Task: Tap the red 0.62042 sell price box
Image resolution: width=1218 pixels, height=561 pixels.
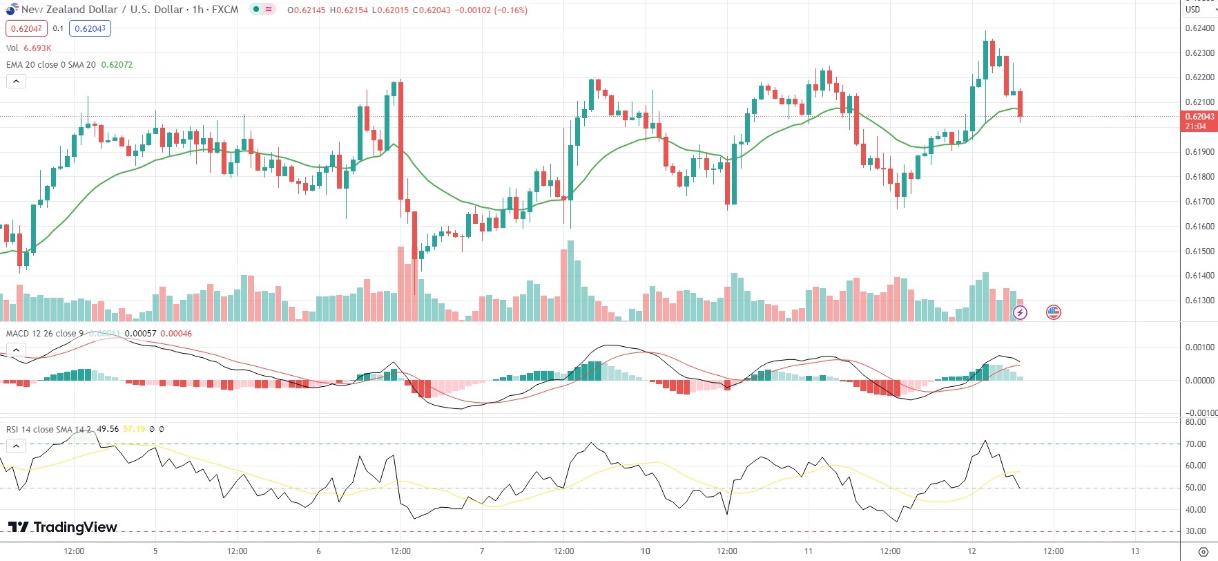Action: click(x=26, y=28)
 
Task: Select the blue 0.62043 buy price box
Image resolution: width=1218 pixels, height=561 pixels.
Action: click(x=90, y=28)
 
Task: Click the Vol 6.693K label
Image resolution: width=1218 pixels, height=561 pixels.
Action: click(x=28, y=48)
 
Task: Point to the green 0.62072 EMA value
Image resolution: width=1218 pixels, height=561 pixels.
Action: click(x=117, y=65)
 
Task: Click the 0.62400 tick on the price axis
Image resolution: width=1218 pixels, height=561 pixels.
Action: click(x=1199, y=28)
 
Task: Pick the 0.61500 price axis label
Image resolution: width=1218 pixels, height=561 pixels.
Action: click(x=1199, y=251)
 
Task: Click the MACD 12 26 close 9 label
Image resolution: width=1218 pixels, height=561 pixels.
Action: click(x=44, y=334)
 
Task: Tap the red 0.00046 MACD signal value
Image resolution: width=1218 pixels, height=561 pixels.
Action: click(x=176, y=334)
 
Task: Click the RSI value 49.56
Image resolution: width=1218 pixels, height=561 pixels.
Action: click(x=108, y=429)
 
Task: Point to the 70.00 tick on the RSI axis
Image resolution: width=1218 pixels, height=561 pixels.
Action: click(x=1196, y=444)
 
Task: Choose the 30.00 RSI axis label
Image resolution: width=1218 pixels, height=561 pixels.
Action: click(x=1196, y=532)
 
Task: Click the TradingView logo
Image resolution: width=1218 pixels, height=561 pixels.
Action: click(x=63, y=527)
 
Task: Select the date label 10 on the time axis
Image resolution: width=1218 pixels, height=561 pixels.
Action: click(x=645, y=551)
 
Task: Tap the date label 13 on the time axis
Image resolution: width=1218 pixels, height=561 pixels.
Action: click(x=1135, y=551)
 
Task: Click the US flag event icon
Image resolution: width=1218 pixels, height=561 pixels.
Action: click(x=1053, y=312)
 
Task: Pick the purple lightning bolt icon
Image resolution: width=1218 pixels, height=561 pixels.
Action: click(x=1020, y=313)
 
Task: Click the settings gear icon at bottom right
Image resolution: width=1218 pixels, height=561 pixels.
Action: click(x=1203, y=551)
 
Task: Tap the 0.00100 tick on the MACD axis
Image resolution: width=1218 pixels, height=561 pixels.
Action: click(x=1199, y=348)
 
